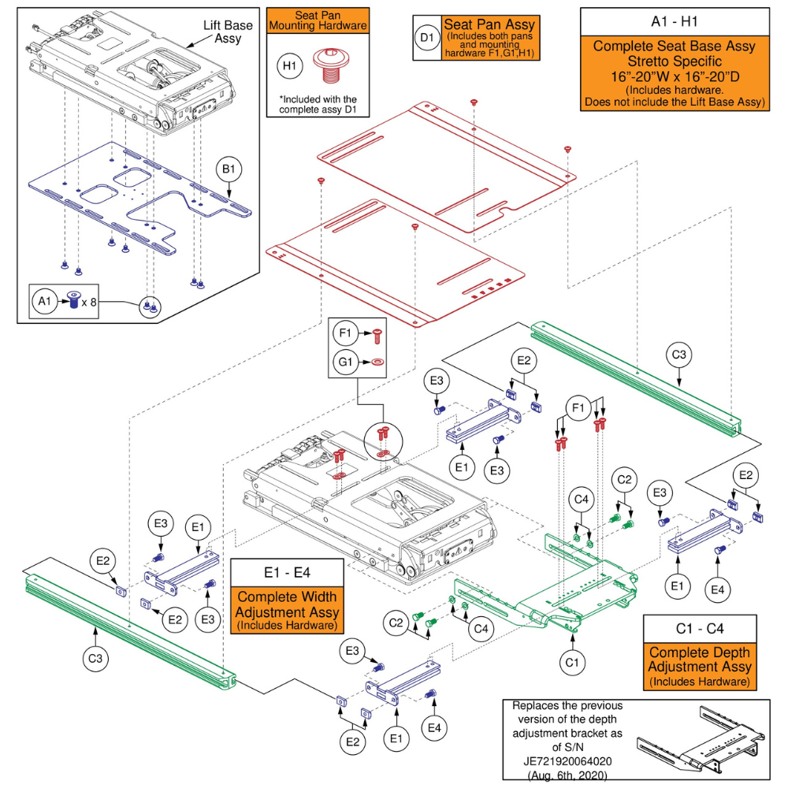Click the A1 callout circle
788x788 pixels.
coord(44,300)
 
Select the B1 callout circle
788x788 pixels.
coord(229,170)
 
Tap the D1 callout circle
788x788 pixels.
coord(426,37)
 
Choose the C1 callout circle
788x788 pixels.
coord(573,663)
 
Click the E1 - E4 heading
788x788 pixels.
coord(286,571)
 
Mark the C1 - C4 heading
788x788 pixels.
coord(700,629)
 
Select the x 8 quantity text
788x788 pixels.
coord(89,301)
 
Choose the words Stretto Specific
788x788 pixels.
coord(674,61)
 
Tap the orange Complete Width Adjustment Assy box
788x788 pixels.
coord(286,611)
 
